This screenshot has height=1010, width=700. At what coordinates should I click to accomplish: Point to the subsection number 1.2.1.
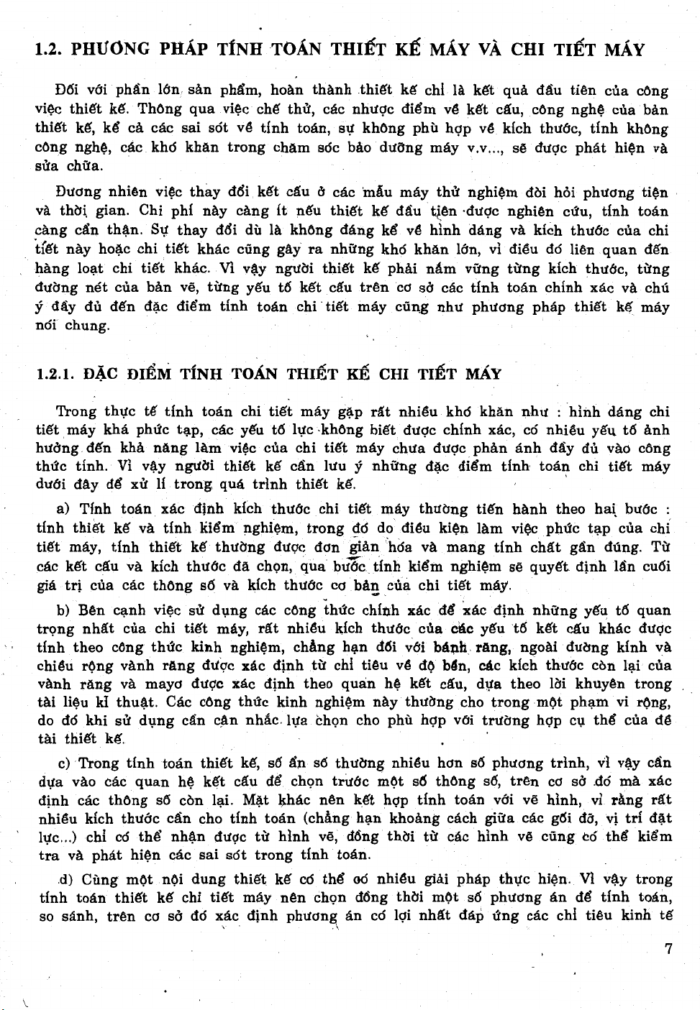(x=55, y=375)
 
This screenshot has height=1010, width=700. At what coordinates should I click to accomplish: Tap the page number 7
(x=668, y=948)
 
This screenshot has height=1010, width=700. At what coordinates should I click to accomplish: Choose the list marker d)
(x=66, y=878)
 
